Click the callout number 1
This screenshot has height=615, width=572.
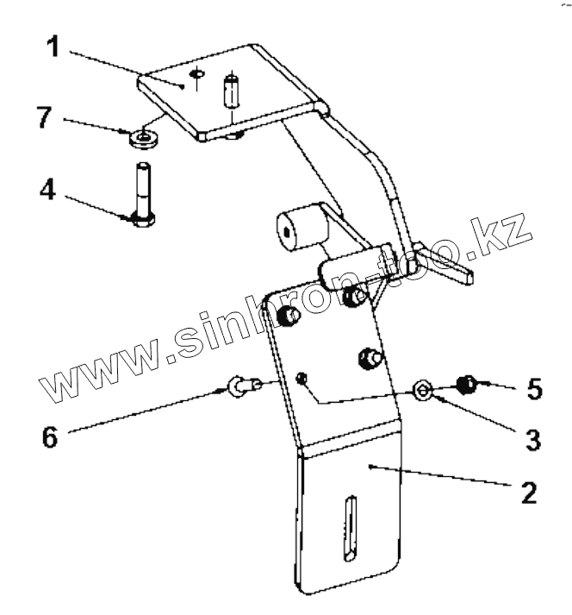click(x=53, y=46)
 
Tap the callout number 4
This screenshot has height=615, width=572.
click(x=49, y=189)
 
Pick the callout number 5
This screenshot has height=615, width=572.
click(x=534, y=389)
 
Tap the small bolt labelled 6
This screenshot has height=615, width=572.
click(x=241, y=385)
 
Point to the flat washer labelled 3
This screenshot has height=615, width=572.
click(x=422, y=390)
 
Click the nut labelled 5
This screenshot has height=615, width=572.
click(x=466, y=382)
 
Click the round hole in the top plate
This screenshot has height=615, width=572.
click(x=198, y=75)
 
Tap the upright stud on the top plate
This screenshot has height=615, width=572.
click(x=232, y=91)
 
